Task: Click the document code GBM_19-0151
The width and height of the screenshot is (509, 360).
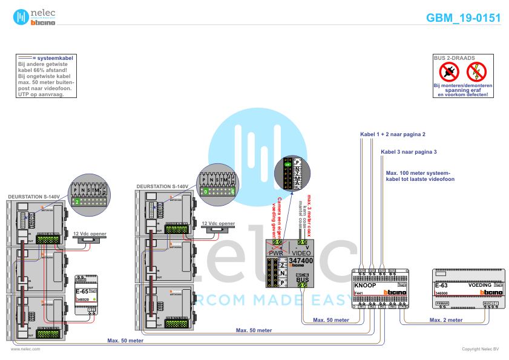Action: click(x=463, y=18)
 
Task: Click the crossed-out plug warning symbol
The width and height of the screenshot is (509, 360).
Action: click(x=449, y=73)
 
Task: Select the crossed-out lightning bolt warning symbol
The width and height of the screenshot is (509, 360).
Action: click(x=477, y=73)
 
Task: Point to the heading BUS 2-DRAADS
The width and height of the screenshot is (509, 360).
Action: click(x=450, y=58)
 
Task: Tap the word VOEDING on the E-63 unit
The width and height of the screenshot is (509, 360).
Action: click(x=479, y=284)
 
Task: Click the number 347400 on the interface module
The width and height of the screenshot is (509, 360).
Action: click(x=301, y=260)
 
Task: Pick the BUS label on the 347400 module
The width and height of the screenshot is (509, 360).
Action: click(x=302, y=279)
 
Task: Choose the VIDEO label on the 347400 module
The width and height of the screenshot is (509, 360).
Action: click(x=301, y=253)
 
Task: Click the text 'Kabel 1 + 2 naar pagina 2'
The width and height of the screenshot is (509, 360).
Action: click(x=393, y=134)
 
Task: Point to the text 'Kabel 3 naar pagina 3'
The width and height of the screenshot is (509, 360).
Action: click(x=408, y=151)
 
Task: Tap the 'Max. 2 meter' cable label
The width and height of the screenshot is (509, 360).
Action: click(x=446, y=319)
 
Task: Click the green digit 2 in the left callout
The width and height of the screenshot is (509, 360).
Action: click(x=77, y=201)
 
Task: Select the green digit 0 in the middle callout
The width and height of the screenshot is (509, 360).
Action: click(x=206, y=191)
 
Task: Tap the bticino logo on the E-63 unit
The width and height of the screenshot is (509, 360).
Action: click(x=491, y=293)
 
